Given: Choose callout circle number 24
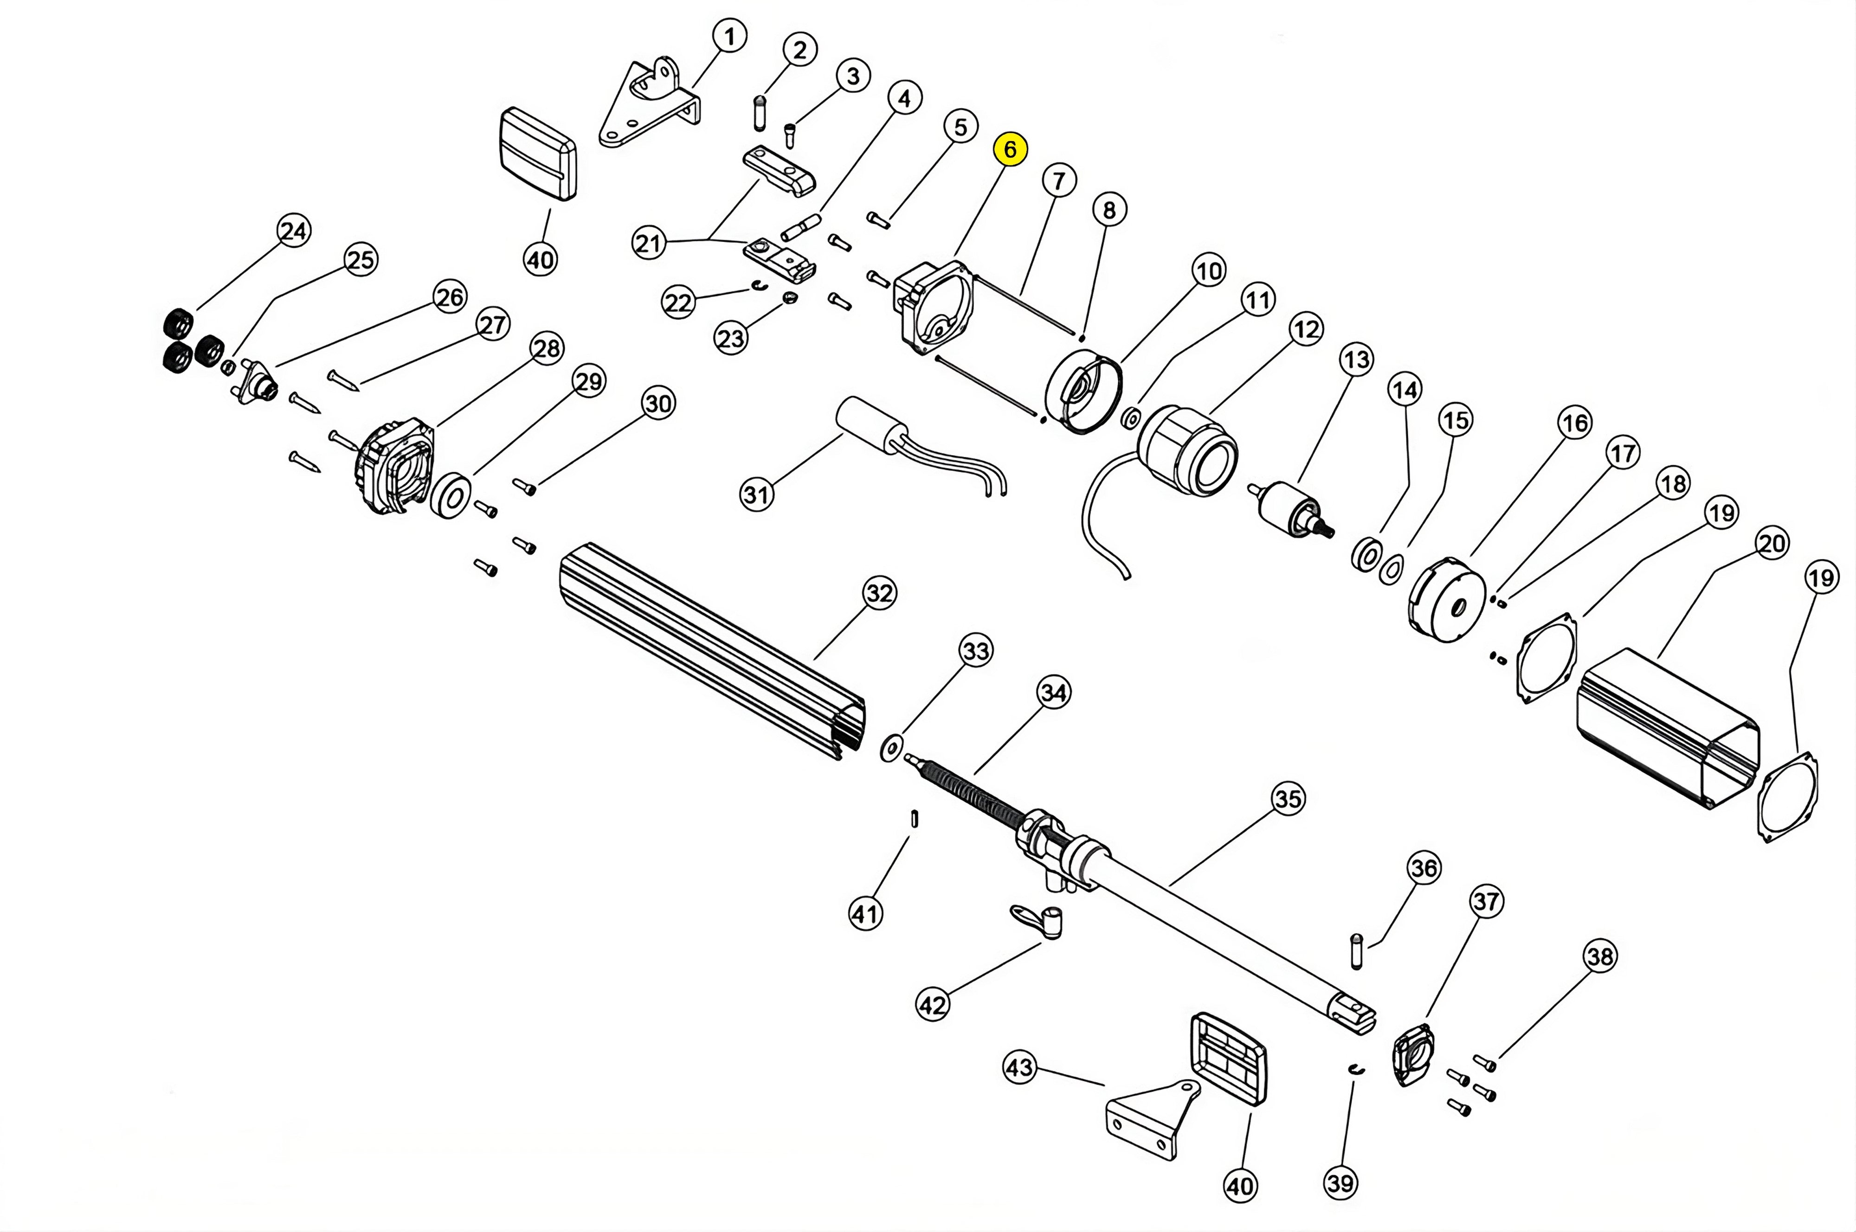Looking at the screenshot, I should [294, 231].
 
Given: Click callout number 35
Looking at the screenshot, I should [1288, 799].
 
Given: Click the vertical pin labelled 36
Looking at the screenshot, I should [1356, 951].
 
